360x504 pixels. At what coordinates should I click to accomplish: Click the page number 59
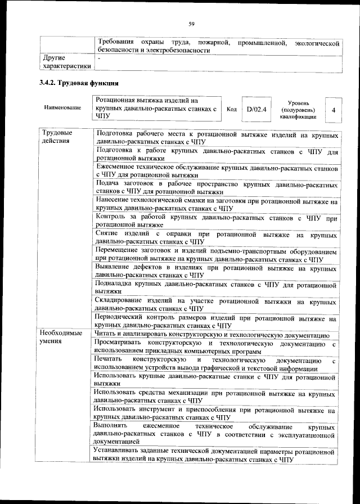coord(191,23)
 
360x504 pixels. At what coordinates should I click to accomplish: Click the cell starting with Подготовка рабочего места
coord(217,138)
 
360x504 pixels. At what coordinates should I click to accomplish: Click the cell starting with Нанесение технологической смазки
coord(217,204)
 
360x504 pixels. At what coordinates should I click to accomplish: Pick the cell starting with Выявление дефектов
coord(217,271)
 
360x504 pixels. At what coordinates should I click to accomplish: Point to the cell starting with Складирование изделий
coord(217,305)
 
